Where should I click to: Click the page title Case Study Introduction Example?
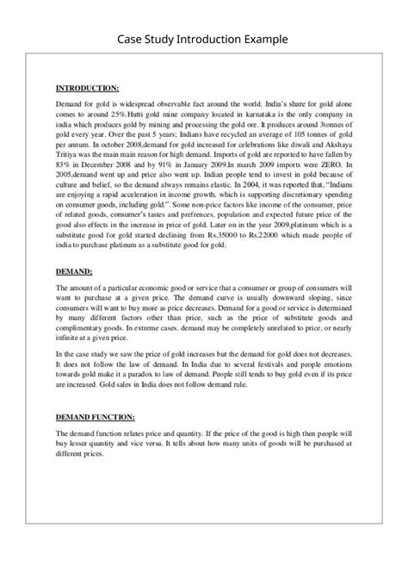204,40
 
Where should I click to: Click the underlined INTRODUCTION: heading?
88,88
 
